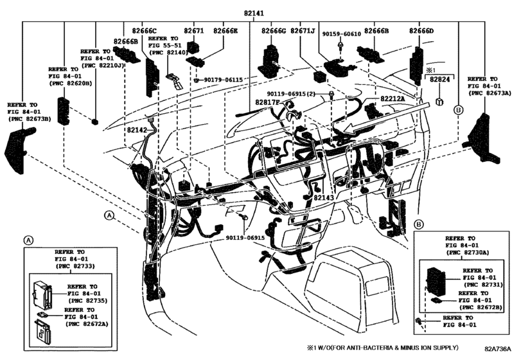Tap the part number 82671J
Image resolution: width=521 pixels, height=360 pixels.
[x=303, y=31]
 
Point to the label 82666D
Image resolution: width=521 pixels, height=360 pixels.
[x=421, y=31]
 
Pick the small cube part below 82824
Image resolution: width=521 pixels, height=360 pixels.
[x=439, y=101]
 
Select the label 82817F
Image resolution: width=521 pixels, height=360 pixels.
[x=266, y=102]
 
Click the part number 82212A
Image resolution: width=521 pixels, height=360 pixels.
[x=393, y=99]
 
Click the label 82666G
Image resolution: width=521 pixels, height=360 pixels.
[x=274, y=31]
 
